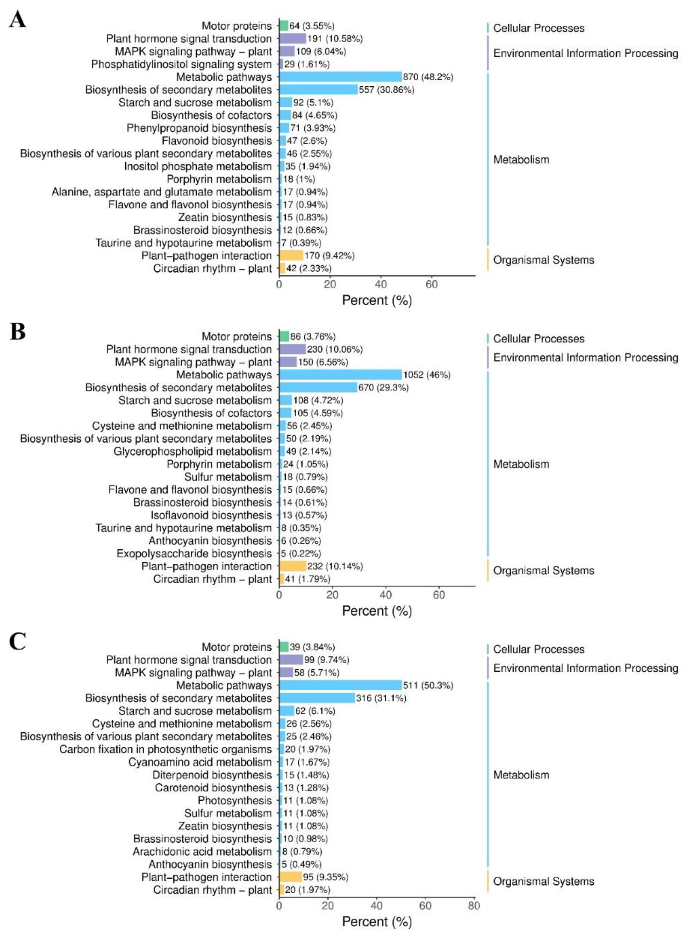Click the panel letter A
pos(17,19)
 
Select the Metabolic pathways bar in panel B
pos(340,375)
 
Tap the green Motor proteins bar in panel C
pos(284,647)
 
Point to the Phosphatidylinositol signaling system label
pos(181,64)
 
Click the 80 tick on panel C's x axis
pos(474,906)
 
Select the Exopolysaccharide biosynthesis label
pos(194,554)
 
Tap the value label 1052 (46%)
pos(426,375)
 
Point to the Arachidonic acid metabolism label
pos(202,852)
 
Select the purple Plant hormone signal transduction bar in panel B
pos(292,349)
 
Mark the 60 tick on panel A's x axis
pos(432,284)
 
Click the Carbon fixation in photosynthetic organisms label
pos(166,749)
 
